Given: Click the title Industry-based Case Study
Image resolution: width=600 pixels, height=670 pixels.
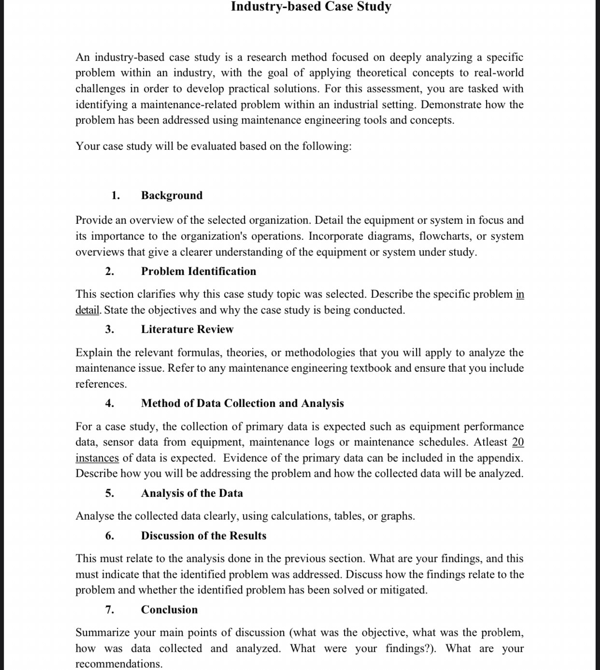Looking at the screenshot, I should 311,7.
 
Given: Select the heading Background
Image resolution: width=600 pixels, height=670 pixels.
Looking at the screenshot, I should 171,195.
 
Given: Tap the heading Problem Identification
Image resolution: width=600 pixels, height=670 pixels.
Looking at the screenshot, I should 199,271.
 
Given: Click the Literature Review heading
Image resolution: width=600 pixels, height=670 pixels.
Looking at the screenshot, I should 187,329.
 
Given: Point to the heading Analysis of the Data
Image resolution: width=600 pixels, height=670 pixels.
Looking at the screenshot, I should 192,493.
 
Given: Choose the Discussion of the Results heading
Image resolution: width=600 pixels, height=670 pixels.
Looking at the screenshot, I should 203,536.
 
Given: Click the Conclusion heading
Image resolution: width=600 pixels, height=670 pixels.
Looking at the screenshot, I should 169,610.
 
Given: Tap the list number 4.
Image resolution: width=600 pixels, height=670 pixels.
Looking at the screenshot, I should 110,403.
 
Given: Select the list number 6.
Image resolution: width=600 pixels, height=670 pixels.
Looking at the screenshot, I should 110,536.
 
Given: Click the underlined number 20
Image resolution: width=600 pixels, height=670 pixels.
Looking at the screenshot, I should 518,442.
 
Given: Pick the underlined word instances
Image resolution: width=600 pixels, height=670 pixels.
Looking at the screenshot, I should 97,458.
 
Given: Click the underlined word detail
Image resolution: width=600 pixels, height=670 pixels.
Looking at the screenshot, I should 87,310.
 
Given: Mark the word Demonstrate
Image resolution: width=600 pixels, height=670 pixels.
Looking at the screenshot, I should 451,105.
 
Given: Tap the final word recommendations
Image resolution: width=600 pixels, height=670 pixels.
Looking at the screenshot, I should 118,664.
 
